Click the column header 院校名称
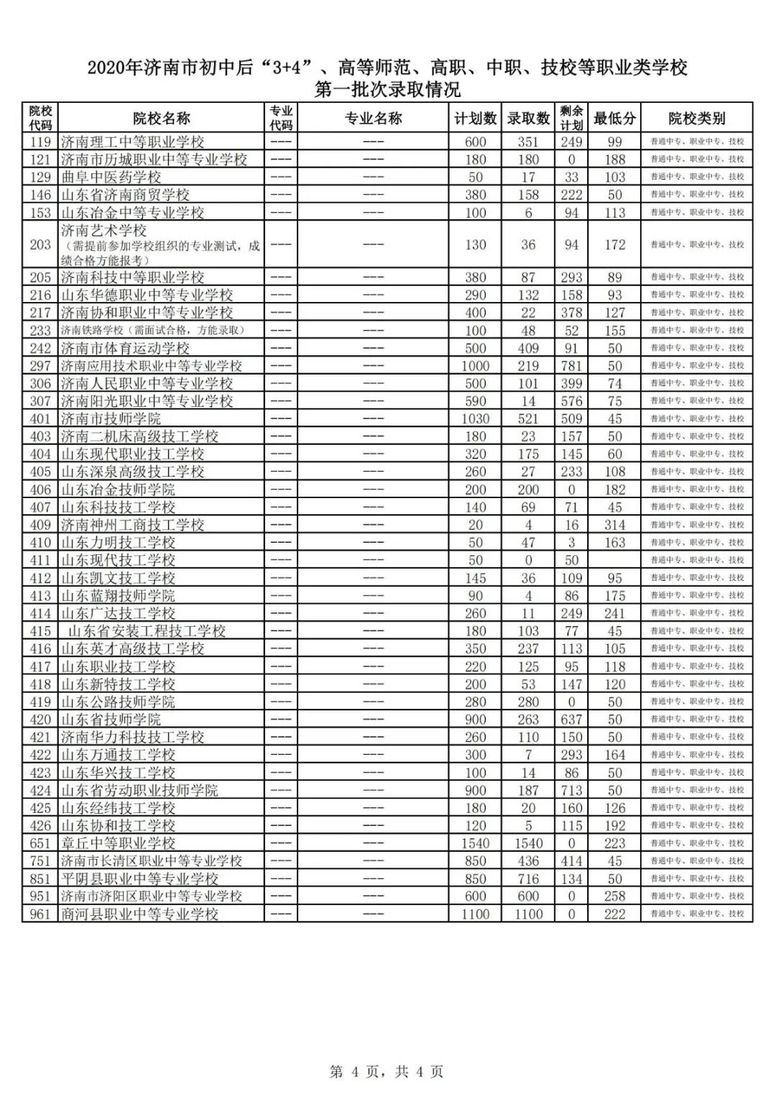coord(162,119)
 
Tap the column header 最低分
coord(614,119)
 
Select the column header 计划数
coord(476,119)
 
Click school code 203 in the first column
coord(40,244)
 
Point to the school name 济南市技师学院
coord(111,419)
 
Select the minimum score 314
coord(614,525)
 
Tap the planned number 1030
coord(476,419)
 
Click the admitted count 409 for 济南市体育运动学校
coord(528,348)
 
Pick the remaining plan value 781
coord(571,366)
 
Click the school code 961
coord(40,914)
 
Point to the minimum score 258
coord(614,896)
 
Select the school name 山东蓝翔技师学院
coord(118,596)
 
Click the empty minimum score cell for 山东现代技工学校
coord(614,560)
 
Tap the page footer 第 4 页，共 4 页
coord(387,1072)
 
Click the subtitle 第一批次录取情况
coord(387,90)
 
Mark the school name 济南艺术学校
coord(103,231)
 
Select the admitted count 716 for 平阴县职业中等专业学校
coord(528,878)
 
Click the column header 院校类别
coord(696,119)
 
